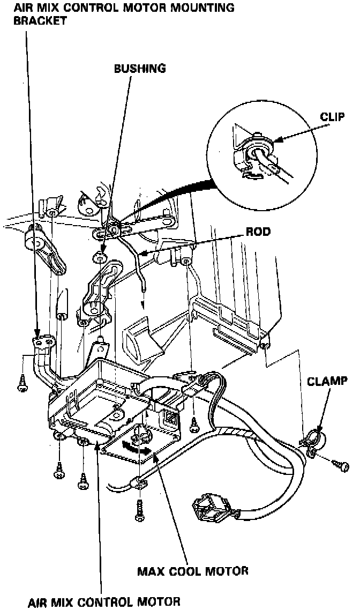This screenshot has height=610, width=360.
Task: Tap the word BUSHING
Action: point(140,69)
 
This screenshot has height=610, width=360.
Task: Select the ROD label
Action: point(258,232)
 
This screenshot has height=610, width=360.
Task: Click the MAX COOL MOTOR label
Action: point(193,570)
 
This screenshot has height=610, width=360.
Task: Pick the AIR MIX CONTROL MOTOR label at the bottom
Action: point(104,601)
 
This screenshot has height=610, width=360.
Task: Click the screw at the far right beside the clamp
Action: point(340,464)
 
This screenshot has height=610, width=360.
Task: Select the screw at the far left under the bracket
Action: point(22,382)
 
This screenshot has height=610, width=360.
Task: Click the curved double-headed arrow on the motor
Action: point(134,448)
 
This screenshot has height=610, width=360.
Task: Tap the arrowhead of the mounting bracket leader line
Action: point(37,337)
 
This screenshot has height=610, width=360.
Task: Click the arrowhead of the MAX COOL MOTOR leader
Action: point(155,454)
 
